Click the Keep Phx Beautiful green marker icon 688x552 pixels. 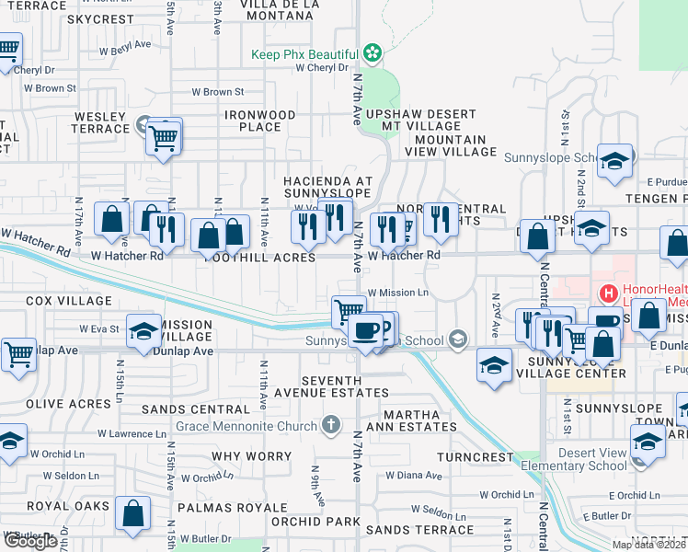coord(372,53)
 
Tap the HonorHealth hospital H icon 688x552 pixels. coord(608,294)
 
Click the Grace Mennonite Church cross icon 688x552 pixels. coord(331,425)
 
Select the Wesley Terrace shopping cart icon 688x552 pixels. coord(164,139)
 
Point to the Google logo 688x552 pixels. coord(30,541)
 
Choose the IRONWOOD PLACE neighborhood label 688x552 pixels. coord(260,121)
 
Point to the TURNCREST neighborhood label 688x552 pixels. coord(475,457)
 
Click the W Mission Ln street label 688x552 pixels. coord(398,293)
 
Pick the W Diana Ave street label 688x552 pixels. coord(414,476)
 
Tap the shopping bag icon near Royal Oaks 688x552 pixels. coord(133,517)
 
